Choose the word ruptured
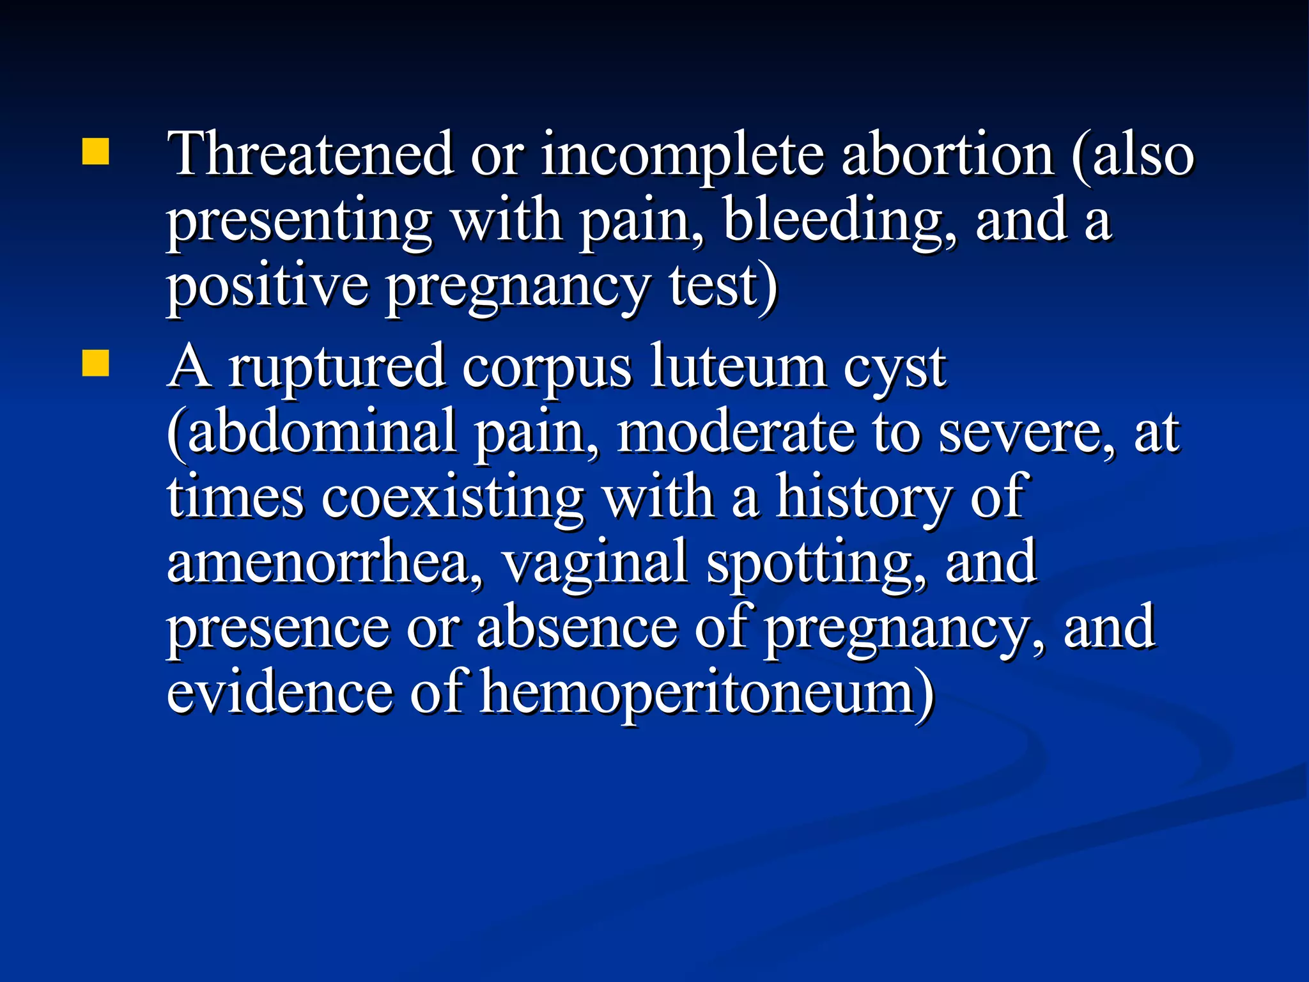point(337,370)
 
